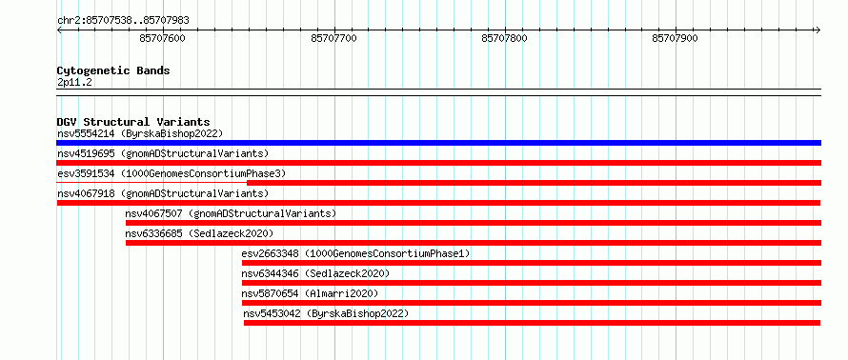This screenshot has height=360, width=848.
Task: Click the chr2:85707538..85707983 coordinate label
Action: [x=123, y=21]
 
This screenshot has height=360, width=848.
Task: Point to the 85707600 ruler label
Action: [x=162, y=38]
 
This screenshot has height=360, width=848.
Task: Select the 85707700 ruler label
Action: [x=333, y=38]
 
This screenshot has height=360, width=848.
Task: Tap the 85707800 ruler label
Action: [x=505, y=38]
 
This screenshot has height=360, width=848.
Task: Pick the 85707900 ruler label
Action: [x=675, y=38]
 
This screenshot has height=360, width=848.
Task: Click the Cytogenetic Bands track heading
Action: [x=113, y=70]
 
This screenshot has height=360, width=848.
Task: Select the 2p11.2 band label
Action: [x=73, y=83]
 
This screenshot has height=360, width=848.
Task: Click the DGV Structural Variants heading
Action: [x=133, y=122]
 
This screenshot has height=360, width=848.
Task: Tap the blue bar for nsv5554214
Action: [x=438, y=143]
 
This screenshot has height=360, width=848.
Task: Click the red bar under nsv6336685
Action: [x=474, y=243]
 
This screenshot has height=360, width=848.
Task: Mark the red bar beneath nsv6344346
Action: [x=532, y=283]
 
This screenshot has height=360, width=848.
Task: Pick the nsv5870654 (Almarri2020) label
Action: [x=310, y=293]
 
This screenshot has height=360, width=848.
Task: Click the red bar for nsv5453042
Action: [x=533, y=323]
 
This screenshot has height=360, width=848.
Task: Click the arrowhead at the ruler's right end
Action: [x=819, y=30]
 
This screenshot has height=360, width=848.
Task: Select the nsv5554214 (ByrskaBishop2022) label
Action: [x=140, y=133]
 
